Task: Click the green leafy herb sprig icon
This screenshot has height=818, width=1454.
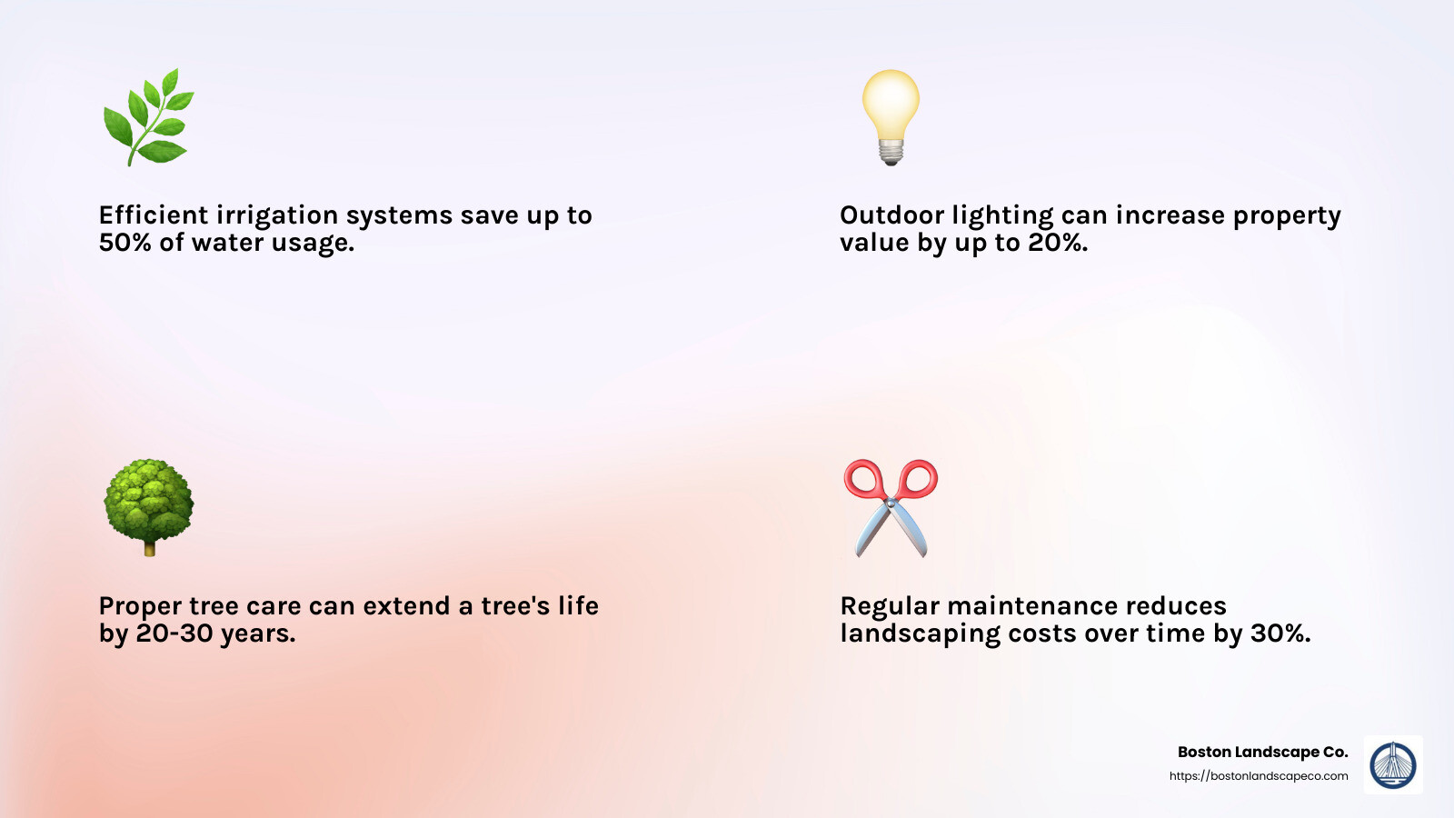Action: [x=149, y=117]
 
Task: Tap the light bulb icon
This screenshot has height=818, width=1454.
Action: [x=891, y=117]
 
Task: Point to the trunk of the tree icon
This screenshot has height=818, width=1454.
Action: [x=149, y=549]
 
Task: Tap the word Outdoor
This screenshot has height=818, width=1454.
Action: [x=882, y=214]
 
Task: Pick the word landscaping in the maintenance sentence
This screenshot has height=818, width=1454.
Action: [x=920, y=633]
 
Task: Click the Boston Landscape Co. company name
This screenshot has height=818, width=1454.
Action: [x=1263, y=752]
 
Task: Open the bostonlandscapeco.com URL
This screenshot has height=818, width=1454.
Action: [x=1259, y=776]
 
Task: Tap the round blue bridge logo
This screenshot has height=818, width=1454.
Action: [x=1393, y=764]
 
